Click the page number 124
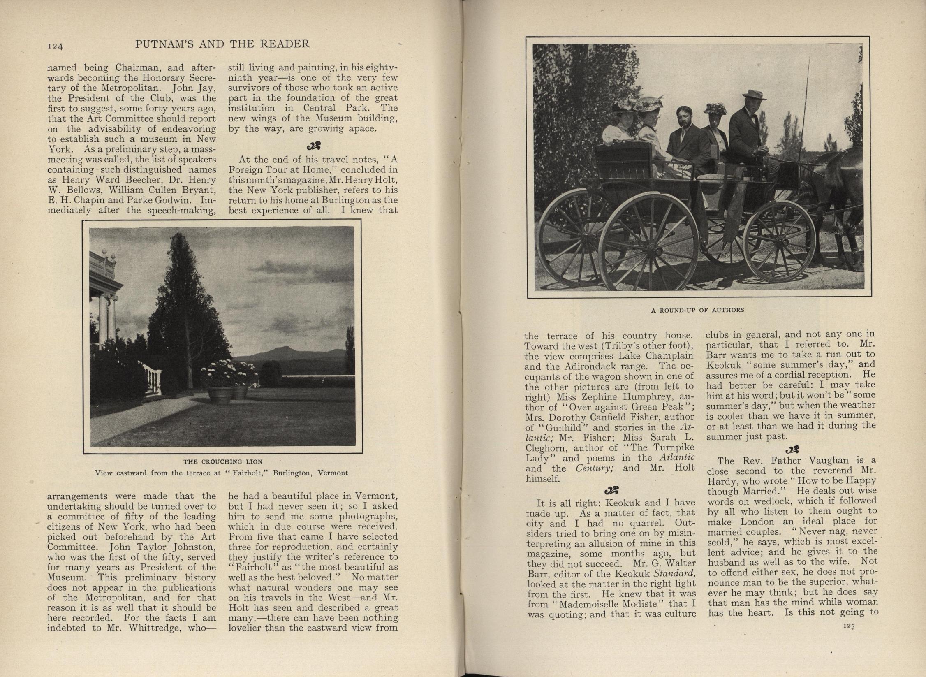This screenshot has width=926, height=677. pyautogui.click(x=55, y=46)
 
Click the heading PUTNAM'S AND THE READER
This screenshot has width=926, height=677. pyautogui.click(x=222, y=44)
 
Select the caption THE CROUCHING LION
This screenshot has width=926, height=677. pyautogui.click(x=223, y=461)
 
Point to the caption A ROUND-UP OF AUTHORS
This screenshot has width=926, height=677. pyautogui.click(x=697, y=310)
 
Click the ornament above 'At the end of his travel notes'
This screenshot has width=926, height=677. pyautogui.click(x=313, y=146)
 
